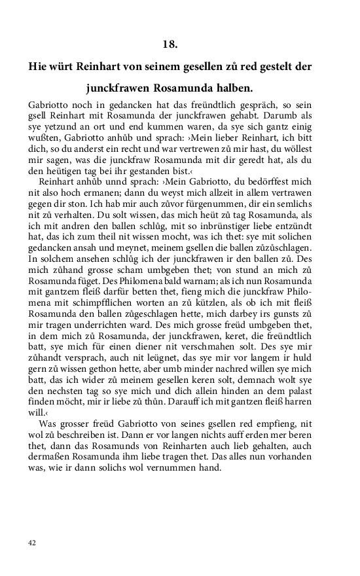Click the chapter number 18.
170,45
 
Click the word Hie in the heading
39,67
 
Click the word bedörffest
270,179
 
